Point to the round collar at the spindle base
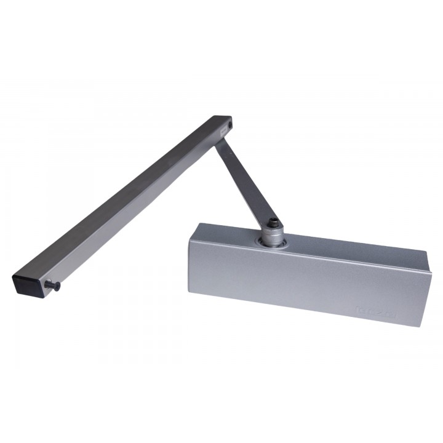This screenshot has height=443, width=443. click(x=271, y=243)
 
